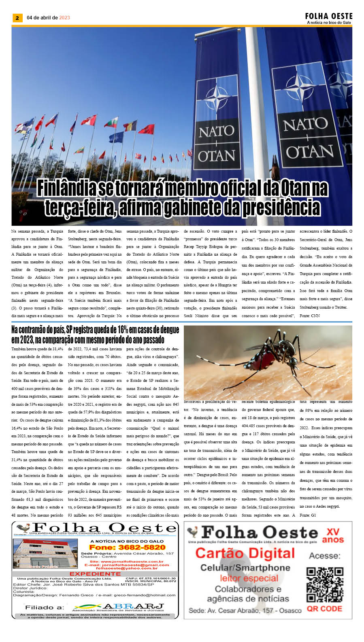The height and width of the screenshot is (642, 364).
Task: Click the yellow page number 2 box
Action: (x=17, y=18)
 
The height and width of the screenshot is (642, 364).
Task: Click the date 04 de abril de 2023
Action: (x=48, y=18)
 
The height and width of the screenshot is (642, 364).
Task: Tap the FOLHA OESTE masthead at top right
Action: (x=329, y=16)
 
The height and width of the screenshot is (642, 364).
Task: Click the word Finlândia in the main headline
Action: (x=67, y=188)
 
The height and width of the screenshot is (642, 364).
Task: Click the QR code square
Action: (x=325, y=585)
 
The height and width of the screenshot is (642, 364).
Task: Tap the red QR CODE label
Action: (x=324, y=609)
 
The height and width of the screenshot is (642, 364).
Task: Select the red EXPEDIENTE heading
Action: (x=95, y=574)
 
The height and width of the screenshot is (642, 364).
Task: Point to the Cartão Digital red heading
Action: (x=245, y=553)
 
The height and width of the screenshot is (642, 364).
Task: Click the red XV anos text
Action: (x=333, y=536)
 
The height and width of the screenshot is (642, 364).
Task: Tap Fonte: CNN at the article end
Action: (x=310, y=316)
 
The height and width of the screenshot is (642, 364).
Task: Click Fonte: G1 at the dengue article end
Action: (x=308, y=515)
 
